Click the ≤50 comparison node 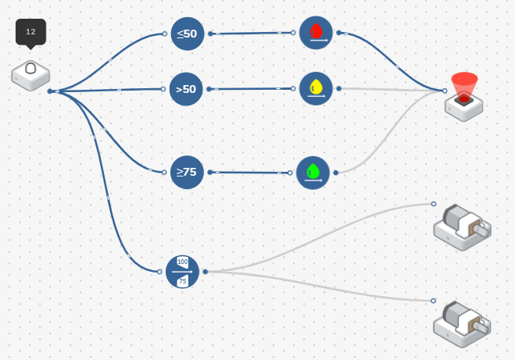coord(188,34)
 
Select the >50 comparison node coord(188,89)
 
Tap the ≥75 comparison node coord(187,172)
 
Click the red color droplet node coord(316,33)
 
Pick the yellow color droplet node coord(316,88)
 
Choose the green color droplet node coord(313,173)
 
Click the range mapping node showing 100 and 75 coord(183,272)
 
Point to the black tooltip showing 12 coord(30,32)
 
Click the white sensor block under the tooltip coord(30,75)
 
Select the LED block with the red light coord(464,98)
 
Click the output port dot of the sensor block coord(50,91)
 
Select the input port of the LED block coord(445,91)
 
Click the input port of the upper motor coord(434,204)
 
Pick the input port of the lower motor coord(433,301)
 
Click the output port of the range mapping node coord(206,272)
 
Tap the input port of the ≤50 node coord(164,34)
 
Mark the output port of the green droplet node coord(336,173)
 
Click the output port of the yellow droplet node coord(338,88)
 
